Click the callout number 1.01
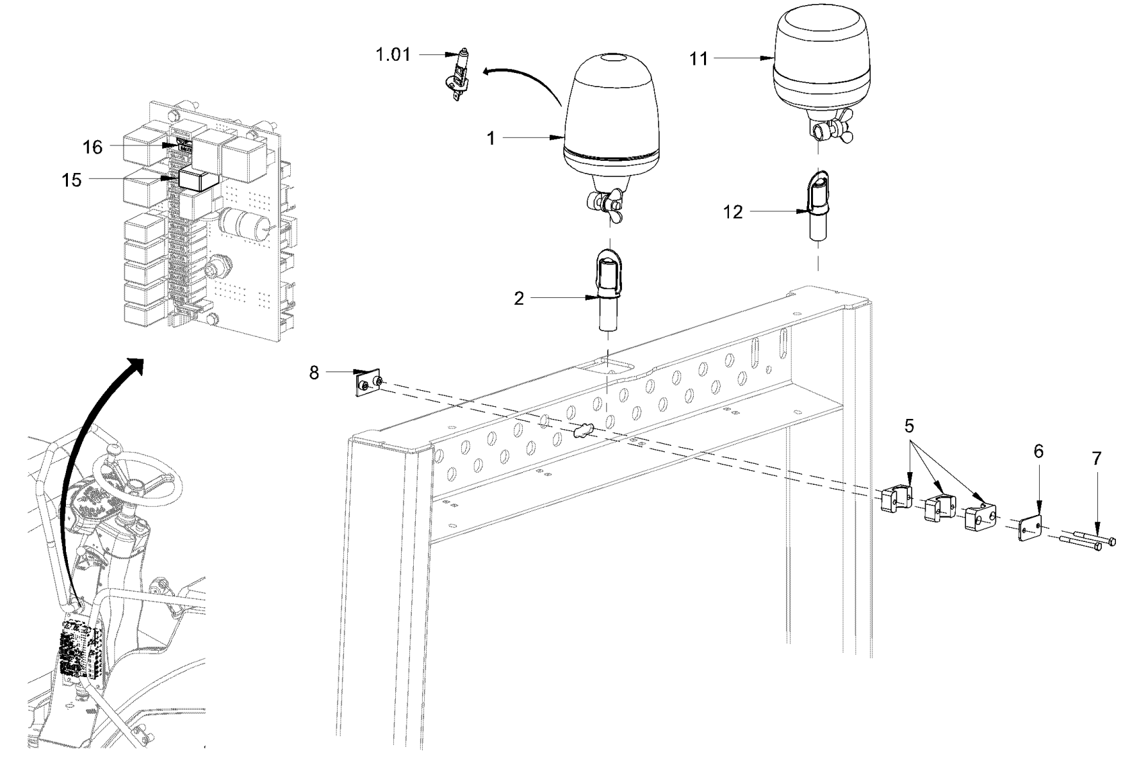point(393,55)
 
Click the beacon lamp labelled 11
point(823,58)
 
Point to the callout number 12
point(733,212)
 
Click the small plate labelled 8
point(368,384)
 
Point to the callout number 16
point(92,147)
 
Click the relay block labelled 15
point(198,179)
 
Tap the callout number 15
point(72,181)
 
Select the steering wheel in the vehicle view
point(138,477)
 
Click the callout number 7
point(1096,459)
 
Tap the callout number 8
point(314,373)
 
